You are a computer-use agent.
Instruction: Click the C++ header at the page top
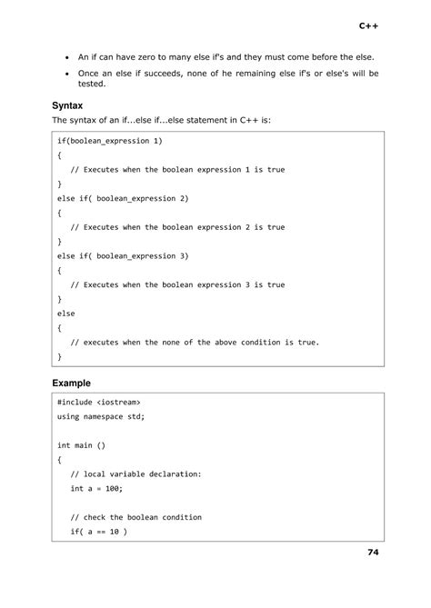[368, 26]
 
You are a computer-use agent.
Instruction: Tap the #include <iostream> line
[98, 402]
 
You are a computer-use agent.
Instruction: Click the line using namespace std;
[100, 416]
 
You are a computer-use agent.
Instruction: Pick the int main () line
[82, 445]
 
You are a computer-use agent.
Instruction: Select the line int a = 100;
[96, 488]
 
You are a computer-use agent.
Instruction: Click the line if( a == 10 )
[98, 531]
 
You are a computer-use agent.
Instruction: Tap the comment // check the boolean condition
[136, 516]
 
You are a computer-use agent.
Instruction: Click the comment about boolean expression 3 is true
[177, 284]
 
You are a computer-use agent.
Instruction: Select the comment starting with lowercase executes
[195, 342]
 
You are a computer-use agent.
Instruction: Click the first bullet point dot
[67, 56]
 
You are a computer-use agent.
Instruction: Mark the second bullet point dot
[67, 73]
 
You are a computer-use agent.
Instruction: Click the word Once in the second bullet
[90, 73]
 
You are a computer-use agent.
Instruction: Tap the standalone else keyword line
[65, 313]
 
